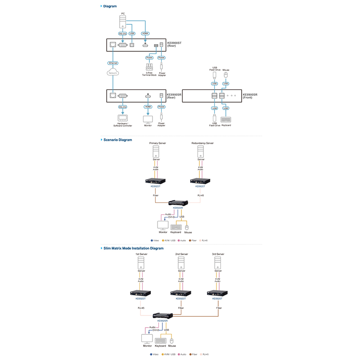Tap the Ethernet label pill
click(x=113, y=63)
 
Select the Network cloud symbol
click(x=113, y=72)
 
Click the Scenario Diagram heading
click(x=118, y=139)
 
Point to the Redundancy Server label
click(x=202, y=143)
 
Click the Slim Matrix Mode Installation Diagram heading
click(x=134, y=248)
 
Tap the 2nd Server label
click(x=181, y=254)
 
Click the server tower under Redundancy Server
click(x=201, y=153)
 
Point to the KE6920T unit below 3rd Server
click(x=216, y=293)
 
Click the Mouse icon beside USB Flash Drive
click(x=226, y=75)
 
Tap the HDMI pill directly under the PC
click(x=145, y=33)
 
